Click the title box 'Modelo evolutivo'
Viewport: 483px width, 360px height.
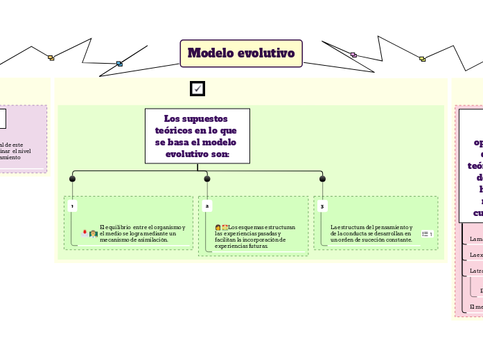(241, 53)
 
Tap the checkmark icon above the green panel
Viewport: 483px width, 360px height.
(197, 89)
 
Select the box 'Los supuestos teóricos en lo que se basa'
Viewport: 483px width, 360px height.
(197, 136)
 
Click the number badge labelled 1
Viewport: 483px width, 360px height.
(72, 206)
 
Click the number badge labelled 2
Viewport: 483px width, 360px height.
(207, 206)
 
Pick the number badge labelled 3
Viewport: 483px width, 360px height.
(322, 206)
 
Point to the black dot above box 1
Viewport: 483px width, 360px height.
(72, 179)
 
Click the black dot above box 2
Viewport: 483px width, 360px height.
(207, 179)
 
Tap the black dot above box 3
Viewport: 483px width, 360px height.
(322, 179)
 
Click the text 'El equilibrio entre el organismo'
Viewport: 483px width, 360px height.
(142, 233)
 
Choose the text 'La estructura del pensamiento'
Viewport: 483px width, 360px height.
(371, 233)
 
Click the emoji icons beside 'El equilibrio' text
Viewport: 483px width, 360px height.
(89, 234)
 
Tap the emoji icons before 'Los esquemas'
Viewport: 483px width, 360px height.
(222, 227)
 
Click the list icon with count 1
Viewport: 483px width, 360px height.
(427, 234)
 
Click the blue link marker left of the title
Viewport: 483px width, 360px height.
(119, 64)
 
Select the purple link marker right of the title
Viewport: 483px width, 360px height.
(353, 55)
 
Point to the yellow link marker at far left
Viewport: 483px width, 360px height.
(51, 58)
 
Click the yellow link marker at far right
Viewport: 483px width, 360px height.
(422, 59)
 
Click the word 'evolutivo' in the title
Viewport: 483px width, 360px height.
(268, 53)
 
